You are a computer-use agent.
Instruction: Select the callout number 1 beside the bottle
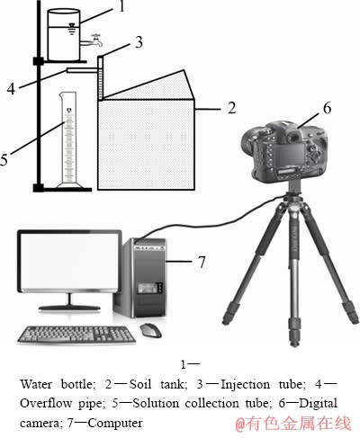click(x=121, y=6)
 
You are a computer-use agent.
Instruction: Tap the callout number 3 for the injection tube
click(x=139, y=42)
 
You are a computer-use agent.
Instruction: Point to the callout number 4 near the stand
click(x=11, y=89)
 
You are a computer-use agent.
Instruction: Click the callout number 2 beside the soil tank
click(x=231, y=108)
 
